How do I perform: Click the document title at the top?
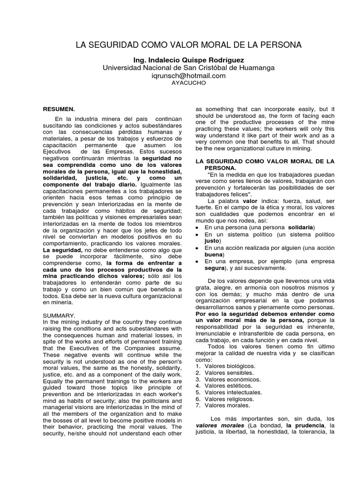tap(189, 45)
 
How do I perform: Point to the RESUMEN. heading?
tap(59, 109)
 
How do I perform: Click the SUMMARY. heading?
tap(59, 315)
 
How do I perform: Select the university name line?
tap(189, 68)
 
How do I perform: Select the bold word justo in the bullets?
tap(212, 240)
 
